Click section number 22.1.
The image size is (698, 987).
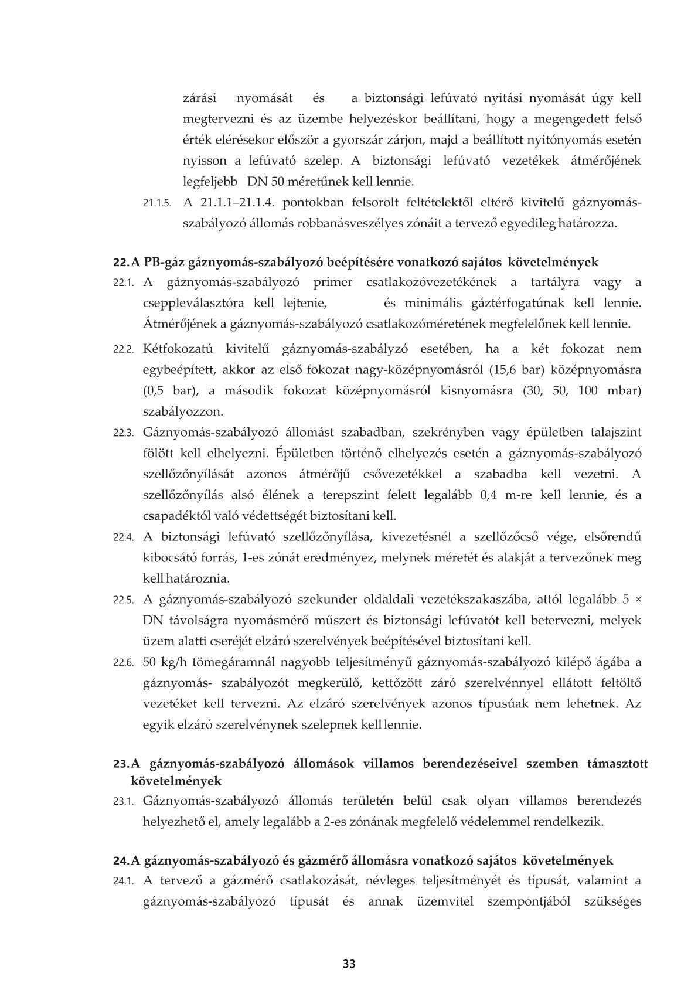pyautogui.click(x=124, y=283)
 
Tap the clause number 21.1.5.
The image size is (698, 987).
pyautogui.click(x=156, y=203)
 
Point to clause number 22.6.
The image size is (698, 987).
pyautogui.click(x=124, y=663)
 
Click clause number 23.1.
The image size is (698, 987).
pyautogui.click(x=124, y=801)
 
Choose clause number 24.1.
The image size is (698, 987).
pyautogui.click(x=124, y=881)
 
